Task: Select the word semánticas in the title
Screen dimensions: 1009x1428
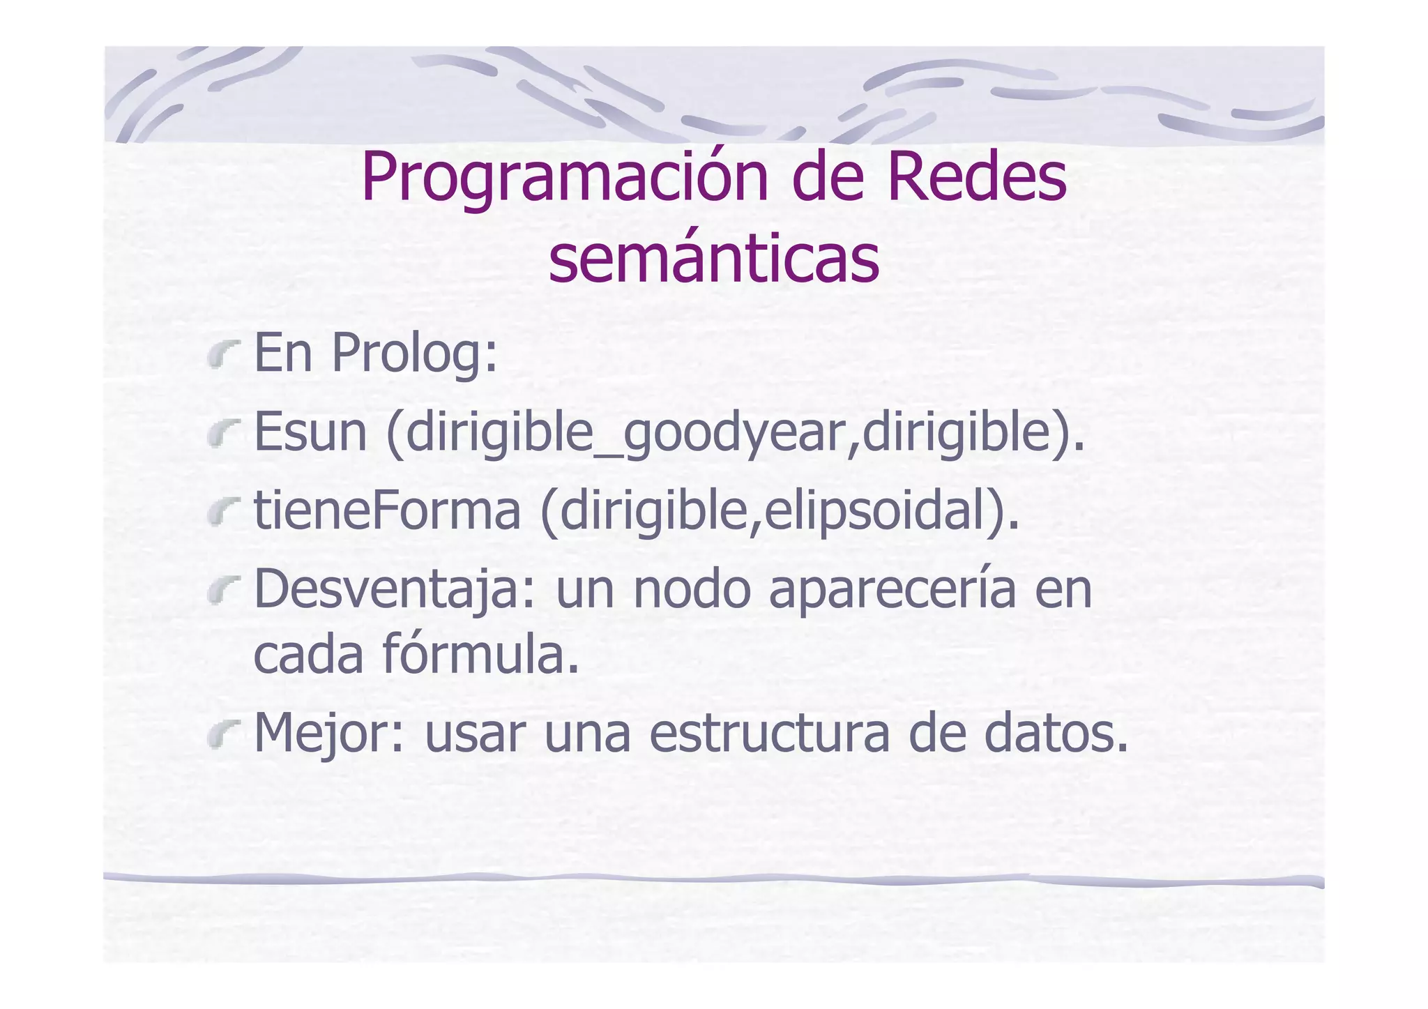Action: point(713,259)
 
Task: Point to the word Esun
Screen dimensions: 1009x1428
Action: point(310,432)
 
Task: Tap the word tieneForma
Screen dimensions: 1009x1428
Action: point(387,511)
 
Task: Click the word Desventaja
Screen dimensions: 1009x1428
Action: point(394,590)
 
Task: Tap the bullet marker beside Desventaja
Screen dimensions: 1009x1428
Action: point(224,592)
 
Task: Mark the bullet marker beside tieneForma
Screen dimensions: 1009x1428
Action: point(224,513)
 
